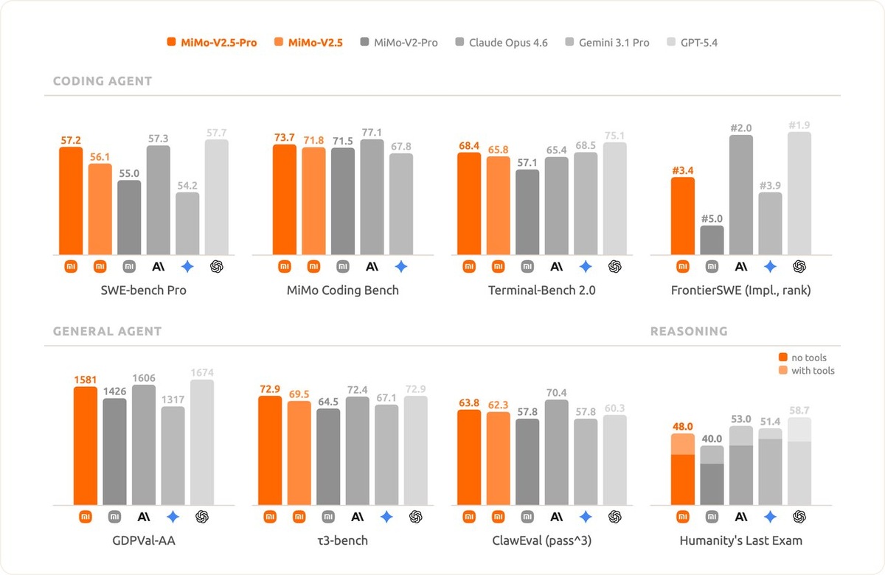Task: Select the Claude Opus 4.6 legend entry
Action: click(502, 43)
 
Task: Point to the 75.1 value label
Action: click(614, 135)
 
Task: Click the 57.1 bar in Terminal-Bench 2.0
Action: click(527, 212)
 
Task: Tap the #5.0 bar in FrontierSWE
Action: click(712, 240)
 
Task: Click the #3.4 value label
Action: click(682, 170)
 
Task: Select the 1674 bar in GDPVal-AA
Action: click(201, 442)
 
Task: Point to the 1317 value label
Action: click(173, 399)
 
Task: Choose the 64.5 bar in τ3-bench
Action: click(328, 457)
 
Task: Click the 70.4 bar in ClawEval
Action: click(556, 453)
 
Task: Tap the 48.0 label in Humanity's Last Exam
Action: click(682, 425)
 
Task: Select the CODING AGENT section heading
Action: click(103, 81)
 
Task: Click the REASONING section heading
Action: click(689, 332)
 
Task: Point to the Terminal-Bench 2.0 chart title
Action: click(541, 290)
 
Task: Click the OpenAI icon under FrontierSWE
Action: click(799, 266)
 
